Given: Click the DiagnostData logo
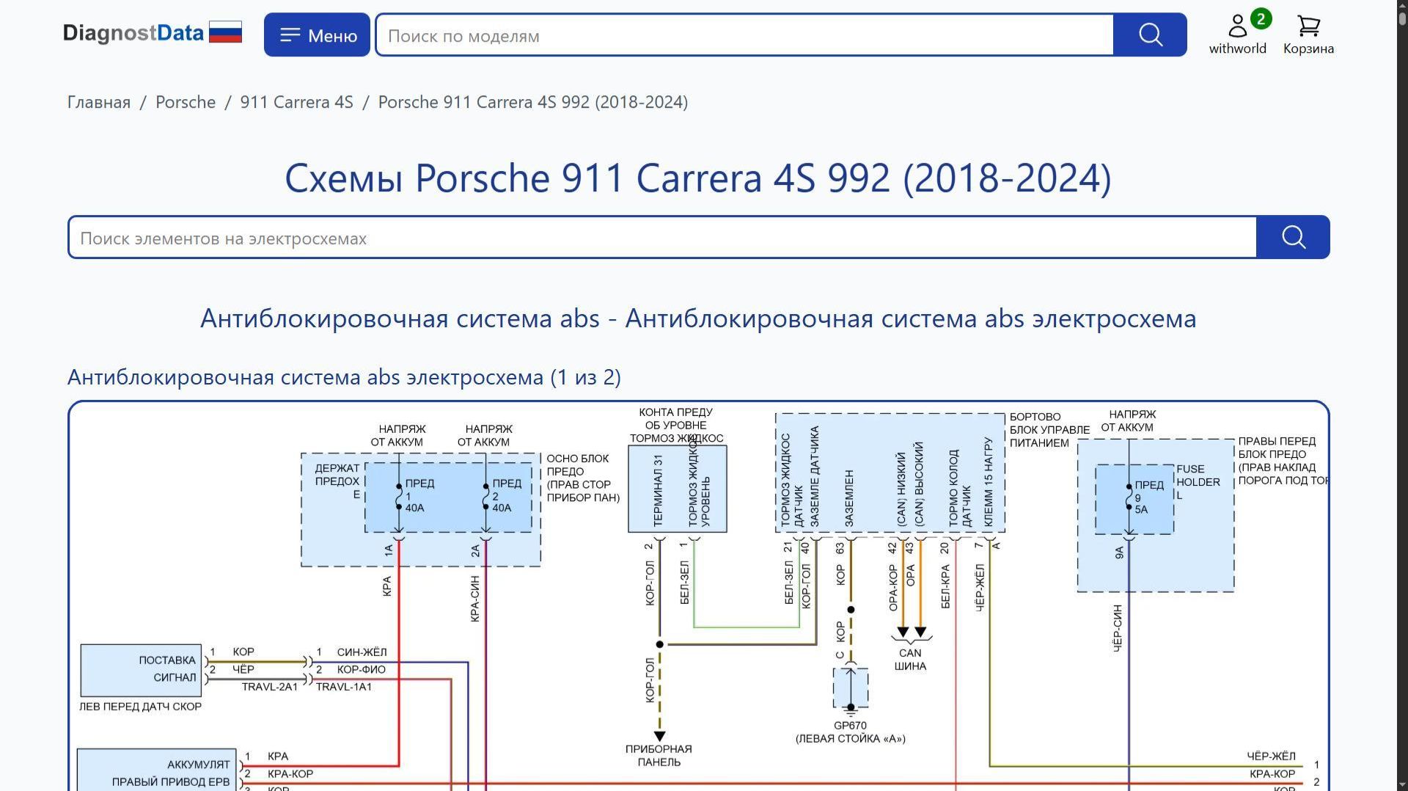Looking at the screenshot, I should pyautogui.click(x=152, y=33).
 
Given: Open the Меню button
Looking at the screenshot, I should pyautogui.click(x=317, y=34).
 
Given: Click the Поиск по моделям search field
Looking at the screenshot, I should pyautogui.click(x=744, y=35).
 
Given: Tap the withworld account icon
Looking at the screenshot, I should pyautogui.click(x=1237, y=27).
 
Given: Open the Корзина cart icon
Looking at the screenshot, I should pyautogui.click(x=1308, y=27).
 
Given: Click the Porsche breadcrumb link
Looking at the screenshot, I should pyautogui.click(x=186, y=102).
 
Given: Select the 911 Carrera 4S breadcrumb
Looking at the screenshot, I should pyautogui.click(x=296, y=102).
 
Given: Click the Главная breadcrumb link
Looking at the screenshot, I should pyautogui.click(x=99, y=102).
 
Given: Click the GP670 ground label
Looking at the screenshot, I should pyautogui.click(x=850, y=726).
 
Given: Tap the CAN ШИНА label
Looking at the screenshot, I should pyautogui.click(x=910, y=659).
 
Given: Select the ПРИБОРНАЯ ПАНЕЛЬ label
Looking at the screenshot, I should pyautogui.click(x=659, y=755).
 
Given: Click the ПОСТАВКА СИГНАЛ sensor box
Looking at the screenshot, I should pyautogui.click(x=141, y=669).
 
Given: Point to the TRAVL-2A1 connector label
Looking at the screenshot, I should pyautogui.click(x=270, y=687).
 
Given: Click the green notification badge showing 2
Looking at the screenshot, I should pyautogui.click(x=1261, y=18).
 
